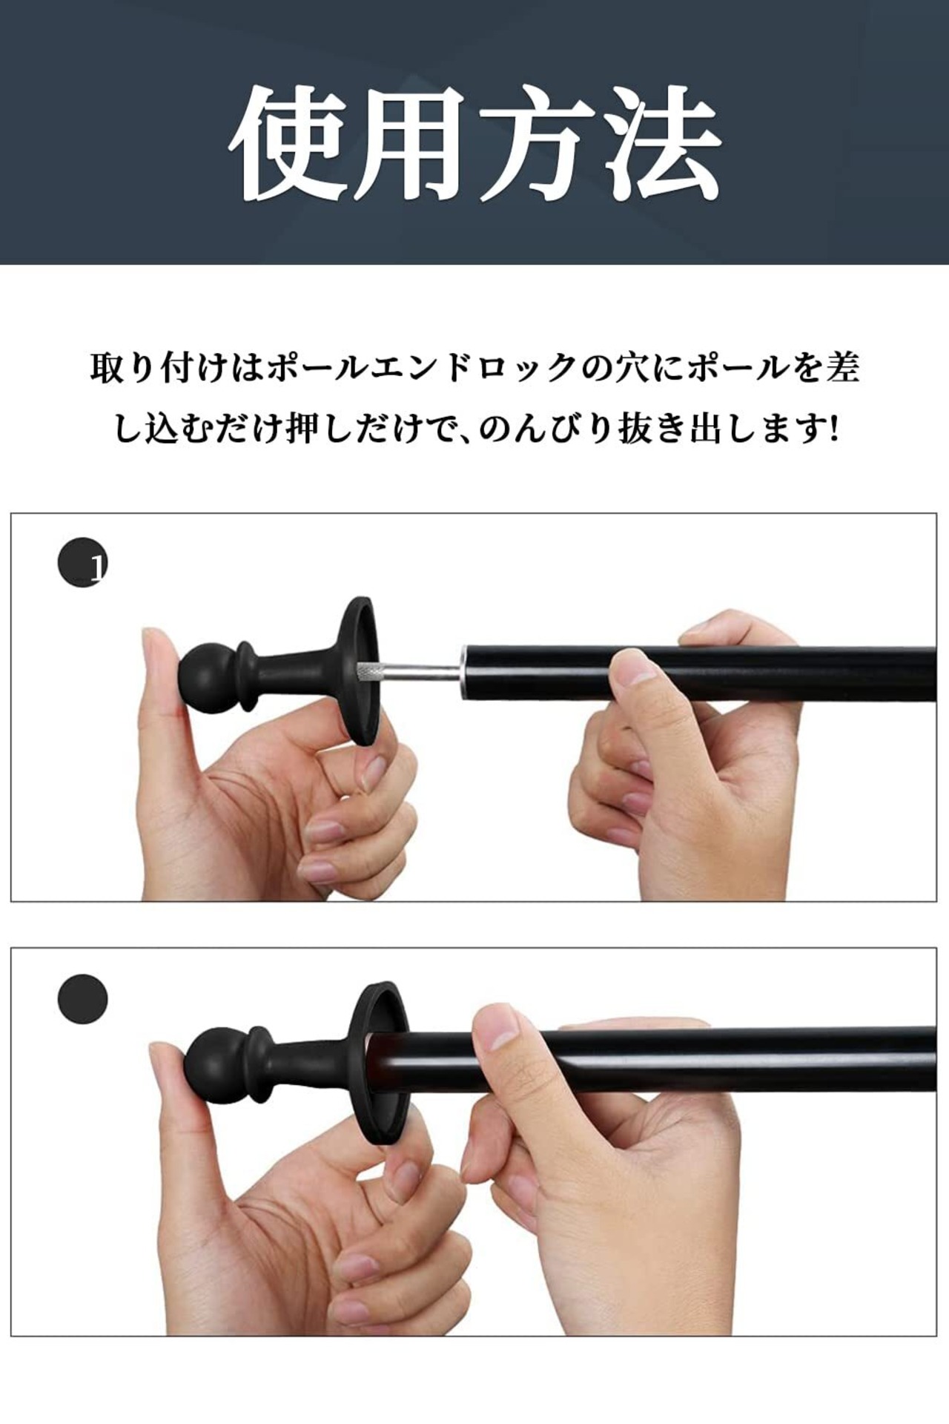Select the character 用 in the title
(x=412, y=140)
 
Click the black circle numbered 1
(x=82, y=562)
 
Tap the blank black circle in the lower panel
(x=82, y=999)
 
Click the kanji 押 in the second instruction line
(x=303, y=429)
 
